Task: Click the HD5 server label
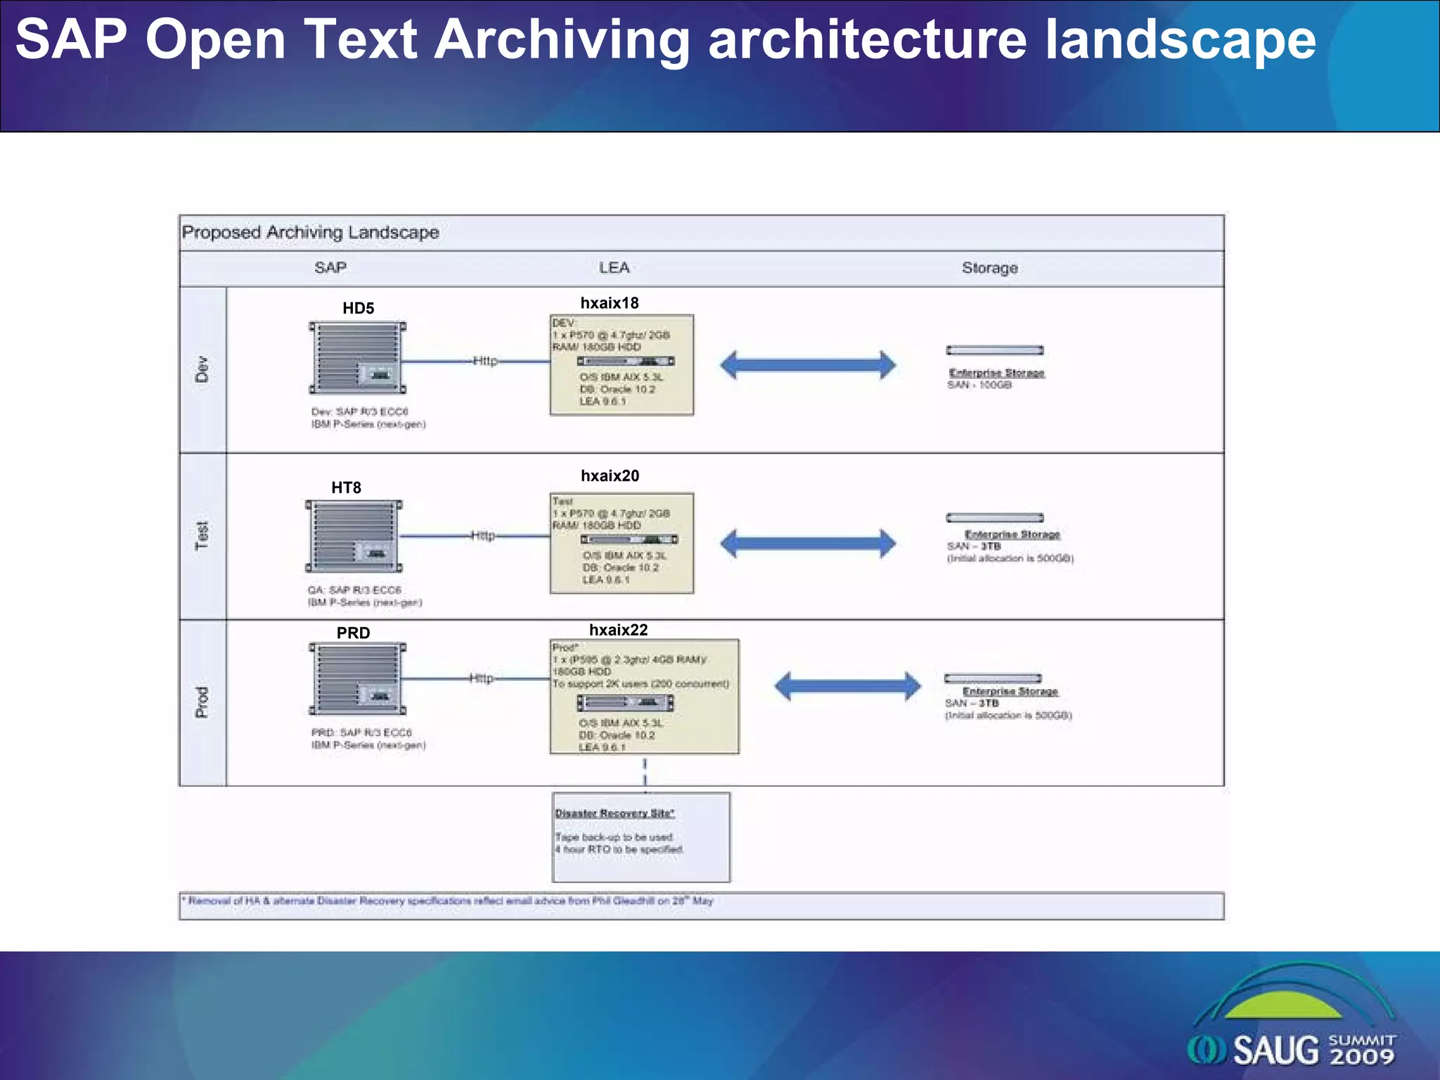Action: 358,308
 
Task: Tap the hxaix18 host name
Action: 609,303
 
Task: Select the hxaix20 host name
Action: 610,476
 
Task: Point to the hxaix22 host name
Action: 618,630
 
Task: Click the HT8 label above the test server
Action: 346,488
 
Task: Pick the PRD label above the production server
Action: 353,633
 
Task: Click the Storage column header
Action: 989,268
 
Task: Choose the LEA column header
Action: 614,268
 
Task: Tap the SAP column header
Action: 330,268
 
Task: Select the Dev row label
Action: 202,369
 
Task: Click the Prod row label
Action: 202,702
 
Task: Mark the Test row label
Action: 202,536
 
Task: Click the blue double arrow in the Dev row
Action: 808,365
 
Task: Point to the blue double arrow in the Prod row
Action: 847,686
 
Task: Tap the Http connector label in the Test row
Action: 482,536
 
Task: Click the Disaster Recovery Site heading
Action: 615,814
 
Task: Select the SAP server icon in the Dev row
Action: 358,358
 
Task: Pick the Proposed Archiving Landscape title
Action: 310,233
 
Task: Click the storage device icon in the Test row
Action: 994,518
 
